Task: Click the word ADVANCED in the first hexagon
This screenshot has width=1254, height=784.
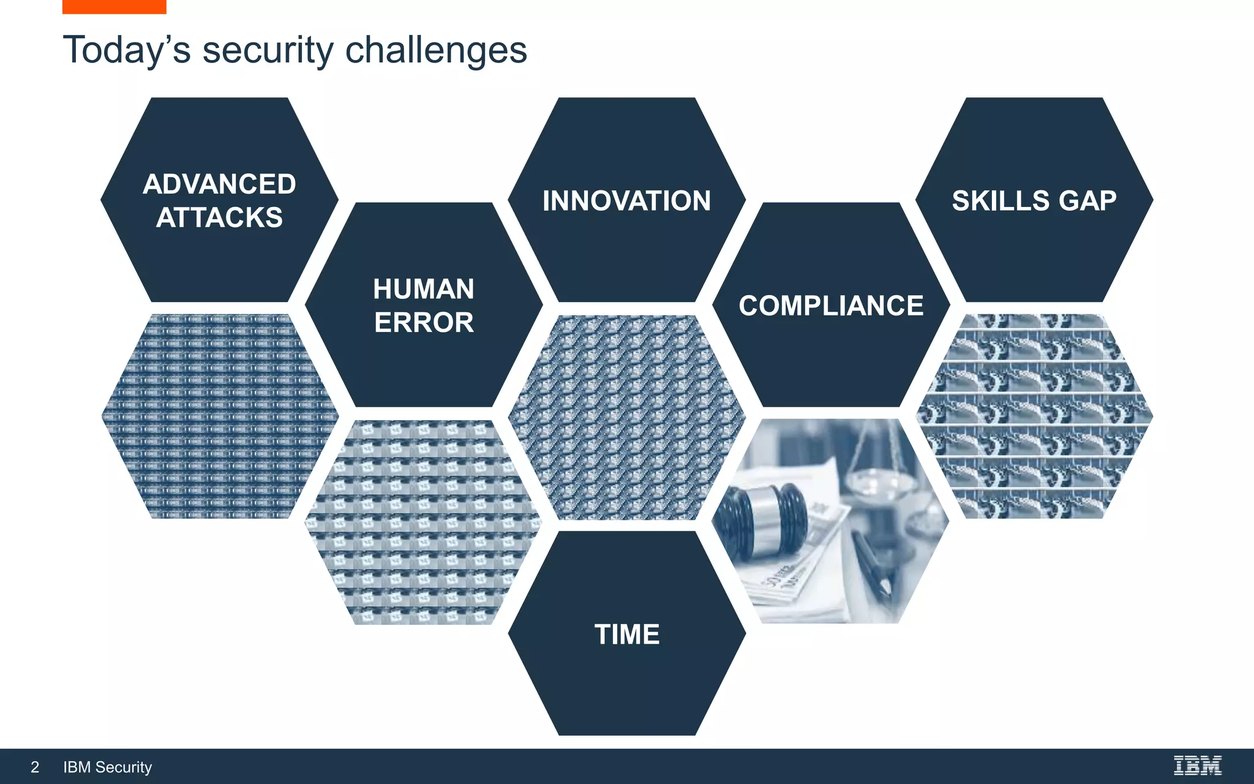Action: click(x=219, y=184)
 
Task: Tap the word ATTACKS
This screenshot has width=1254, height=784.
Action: click(x=219, y=218)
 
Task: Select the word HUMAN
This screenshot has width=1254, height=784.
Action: click(x=424, y=289)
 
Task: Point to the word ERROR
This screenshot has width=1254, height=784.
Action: click(x=424, y=323)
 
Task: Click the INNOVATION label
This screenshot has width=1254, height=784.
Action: click(x=626, y=201)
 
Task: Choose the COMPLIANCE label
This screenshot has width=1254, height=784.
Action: click(x=831, y=306)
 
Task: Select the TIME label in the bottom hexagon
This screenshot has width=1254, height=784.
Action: click(x=627, y=635)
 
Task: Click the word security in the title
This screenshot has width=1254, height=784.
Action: click(x=268, y=50)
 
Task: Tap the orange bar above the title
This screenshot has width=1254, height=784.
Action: click(x=114, y=7)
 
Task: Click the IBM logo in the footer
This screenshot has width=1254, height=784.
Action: click(x=1197, y=766)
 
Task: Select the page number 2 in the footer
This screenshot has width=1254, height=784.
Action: click(x=35, y=767)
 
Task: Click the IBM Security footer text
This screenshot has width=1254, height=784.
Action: click(x=107, y=767)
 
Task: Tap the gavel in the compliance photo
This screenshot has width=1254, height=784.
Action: click(x=762, y=518)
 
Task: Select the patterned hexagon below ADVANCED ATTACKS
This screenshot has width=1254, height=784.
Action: click(x=219, y=417)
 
